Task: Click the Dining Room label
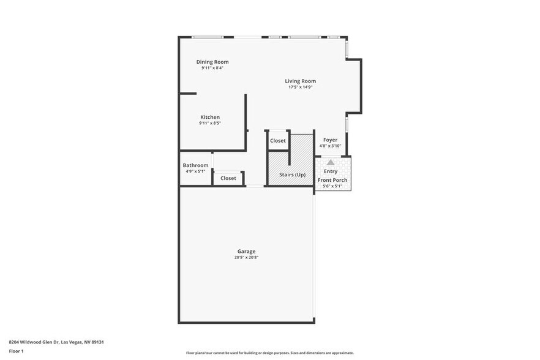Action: tap(212, 62)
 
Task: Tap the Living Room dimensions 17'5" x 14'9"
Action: tap(300, 87)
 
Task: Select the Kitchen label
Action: tap(210, 117)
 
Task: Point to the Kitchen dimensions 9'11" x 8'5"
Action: tap(210, 123)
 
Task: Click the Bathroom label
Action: tap(195, 165)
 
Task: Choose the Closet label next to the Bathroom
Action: tap(228, 178)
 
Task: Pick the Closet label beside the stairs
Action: tap(278, 141)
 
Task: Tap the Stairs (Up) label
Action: tap(292, 174)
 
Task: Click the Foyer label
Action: tap(331, 140)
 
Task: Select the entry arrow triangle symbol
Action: tap(331, 162)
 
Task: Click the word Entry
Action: tap(331, 171)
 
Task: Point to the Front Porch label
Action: tap(332, 180)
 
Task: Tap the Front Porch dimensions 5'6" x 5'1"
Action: tap(332, 186)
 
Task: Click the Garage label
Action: tap(247, 251)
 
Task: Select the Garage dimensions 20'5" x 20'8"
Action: tap(247, 257)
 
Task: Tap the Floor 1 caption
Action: tap(17, 351)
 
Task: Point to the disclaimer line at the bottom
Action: tap(269, 353)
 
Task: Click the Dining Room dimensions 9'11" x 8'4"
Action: tap(212, 68)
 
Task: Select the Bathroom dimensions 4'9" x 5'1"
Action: tap(195, 171)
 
